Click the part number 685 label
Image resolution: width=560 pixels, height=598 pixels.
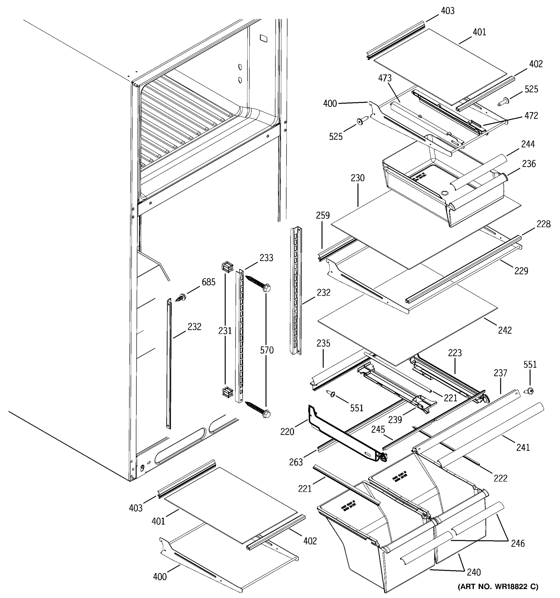209,282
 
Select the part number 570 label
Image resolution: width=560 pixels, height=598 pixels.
267,350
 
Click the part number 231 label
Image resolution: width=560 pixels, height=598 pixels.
225,331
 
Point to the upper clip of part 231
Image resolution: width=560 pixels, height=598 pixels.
227,267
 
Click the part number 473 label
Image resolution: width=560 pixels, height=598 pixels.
385,78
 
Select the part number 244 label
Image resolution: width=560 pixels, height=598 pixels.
528,144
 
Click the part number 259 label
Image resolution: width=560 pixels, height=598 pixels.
323,215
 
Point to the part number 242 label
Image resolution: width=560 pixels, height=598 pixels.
505,330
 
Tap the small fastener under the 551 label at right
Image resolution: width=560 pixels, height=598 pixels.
531,391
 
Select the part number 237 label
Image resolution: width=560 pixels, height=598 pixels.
500,373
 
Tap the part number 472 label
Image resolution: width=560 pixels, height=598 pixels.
531,116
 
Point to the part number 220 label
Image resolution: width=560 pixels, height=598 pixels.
287,432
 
